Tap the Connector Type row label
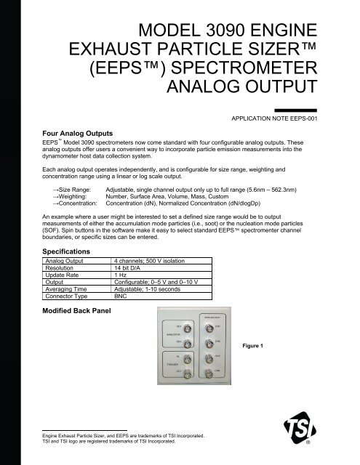[x=69, y=296]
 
